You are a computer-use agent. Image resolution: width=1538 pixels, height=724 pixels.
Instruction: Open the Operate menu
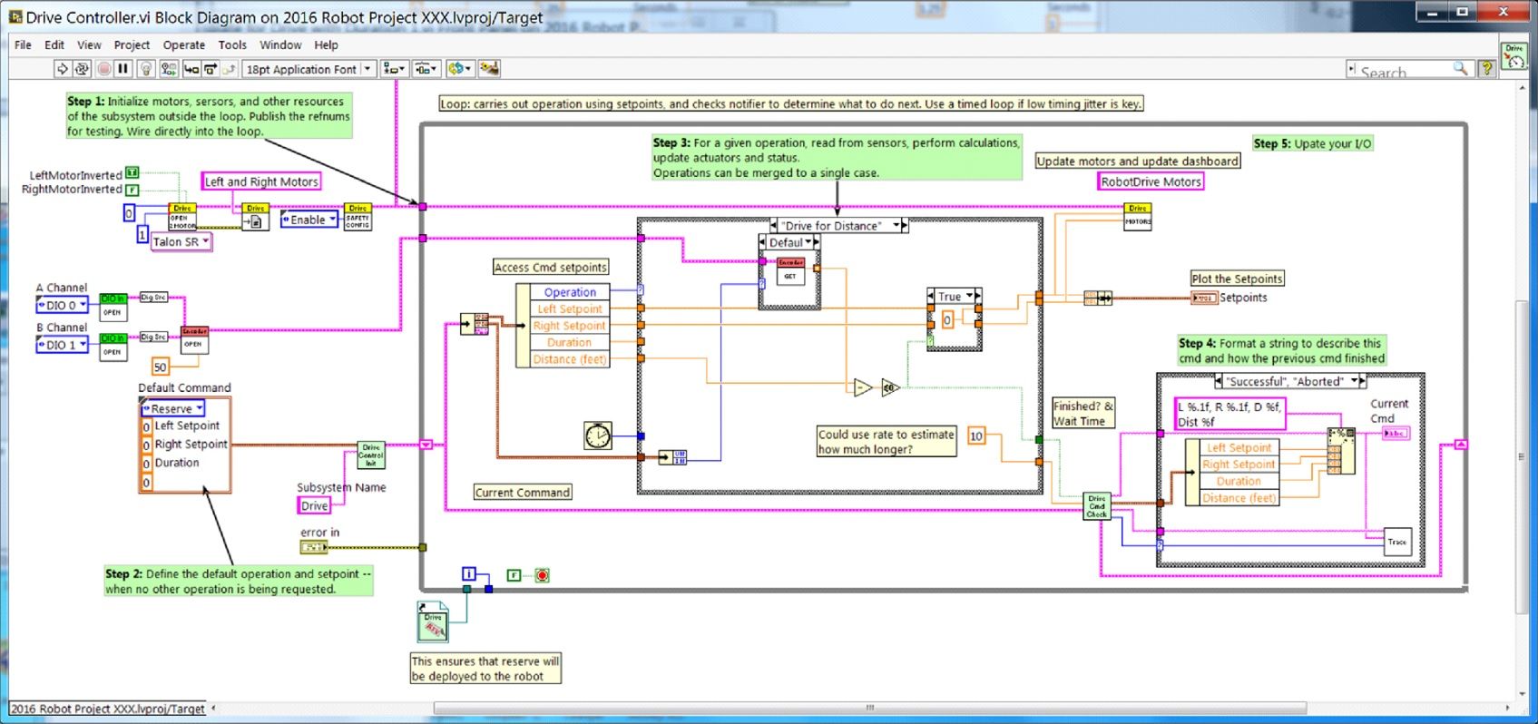[x=183, y=44]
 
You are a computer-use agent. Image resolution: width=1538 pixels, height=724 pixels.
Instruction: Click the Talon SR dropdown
[x=181, y=242]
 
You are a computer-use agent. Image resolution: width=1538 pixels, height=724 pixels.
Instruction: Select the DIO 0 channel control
[x=62, y=306]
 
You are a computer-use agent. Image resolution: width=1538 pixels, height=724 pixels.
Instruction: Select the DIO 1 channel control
[x=62, y=345]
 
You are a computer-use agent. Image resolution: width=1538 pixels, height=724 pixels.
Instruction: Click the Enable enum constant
[x=309, y=220]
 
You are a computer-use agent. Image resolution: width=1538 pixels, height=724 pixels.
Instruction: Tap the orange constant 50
[x=161, y=367]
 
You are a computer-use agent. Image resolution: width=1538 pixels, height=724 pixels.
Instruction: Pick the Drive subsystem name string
[x=314, y=506]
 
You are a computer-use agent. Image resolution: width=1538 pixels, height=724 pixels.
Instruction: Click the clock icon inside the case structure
[x=597, y=435]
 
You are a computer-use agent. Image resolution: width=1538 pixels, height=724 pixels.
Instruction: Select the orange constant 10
[x=976, y=436]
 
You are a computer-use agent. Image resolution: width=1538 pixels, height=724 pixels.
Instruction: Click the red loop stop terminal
[x=542, y=575]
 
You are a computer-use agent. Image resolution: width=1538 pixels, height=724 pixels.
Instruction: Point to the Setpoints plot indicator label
[x=1242, y=298]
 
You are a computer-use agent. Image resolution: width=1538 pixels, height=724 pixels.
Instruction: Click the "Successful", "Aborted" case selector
[x=1288, y=381]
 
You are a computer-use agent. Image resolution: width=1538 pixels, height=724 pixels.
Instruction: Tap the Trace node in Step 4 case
[x=1396, y=542]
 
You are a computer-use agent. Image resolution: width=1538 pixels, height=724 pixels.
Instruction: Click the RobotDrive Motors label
[x=1151, y=181]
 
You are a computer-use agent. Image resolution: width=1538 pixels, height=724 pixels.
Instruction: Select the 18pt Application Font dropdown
[x=309, y=69]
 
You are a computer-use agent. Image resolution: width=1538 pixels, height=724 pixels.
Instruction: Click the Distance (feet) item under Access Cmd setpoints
[x=569, y=359]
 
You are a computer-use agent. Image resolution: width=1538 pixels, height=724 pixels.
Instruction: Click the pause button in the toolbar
[x=123, y=69]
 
